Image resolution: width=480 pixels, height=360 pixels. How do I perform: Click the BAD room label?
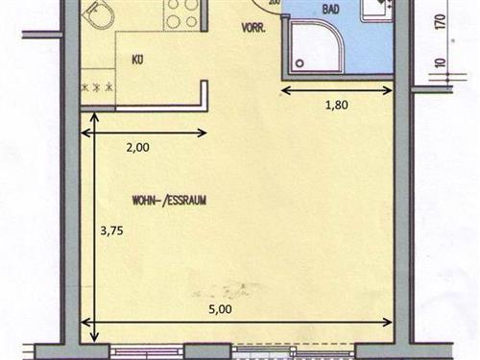click(x=330, y=10)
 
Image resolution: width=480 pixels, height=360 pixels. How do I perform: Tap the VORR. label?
click(x=253, y=28)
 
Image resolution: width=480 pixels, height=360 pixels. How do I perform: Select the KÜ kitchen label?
click(x=137, y=60)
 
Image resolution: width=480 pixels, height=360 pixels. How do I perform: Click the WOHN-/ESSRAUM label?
click(x=169, y=201)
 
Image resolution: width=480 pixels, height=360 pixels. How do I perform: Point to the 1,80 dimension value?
click(x=336, y=105)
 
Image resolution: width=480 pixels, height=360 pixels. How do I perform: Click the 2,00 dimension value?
click(x=137, y=148)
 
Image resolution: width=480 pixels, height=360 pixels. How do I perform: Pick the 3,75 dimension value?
click(x=111, y=230)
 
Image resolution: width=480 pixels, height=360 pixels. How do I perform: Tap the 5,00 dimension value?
click(x=220, y=309)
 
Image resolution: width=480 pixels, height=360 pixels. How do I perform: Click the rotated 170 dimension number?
click(x=441, y=22)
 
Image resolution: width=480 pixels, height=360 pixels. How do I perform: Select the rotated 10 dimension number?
click(x=441, y=62)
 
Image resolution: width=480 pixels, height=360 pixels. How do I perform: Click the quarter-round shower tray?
click(x=316, y=44)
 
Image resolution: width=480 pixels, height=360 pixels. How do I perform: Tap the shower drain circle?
click(x=300, y=63)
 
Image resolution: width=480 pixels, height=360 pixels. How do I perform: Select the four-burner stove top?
click(x=182, y=14)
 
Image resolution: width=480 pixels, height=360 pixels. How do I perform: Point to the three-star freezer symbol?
click(x=97, y=87)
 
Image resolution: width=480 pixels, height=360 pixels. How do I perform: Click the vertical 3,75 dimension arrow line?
click(x=94, y=227)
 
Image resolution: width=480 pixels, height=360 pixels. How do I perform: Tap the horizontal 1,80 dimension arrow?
click(x=336, y=91)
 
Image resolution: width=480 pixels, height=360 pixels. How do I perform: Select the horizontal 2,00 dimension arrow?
click(x=144, y=132)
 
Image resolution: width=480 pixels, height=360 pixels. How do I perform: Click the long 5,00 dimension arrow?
click(x=237, y=323)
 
